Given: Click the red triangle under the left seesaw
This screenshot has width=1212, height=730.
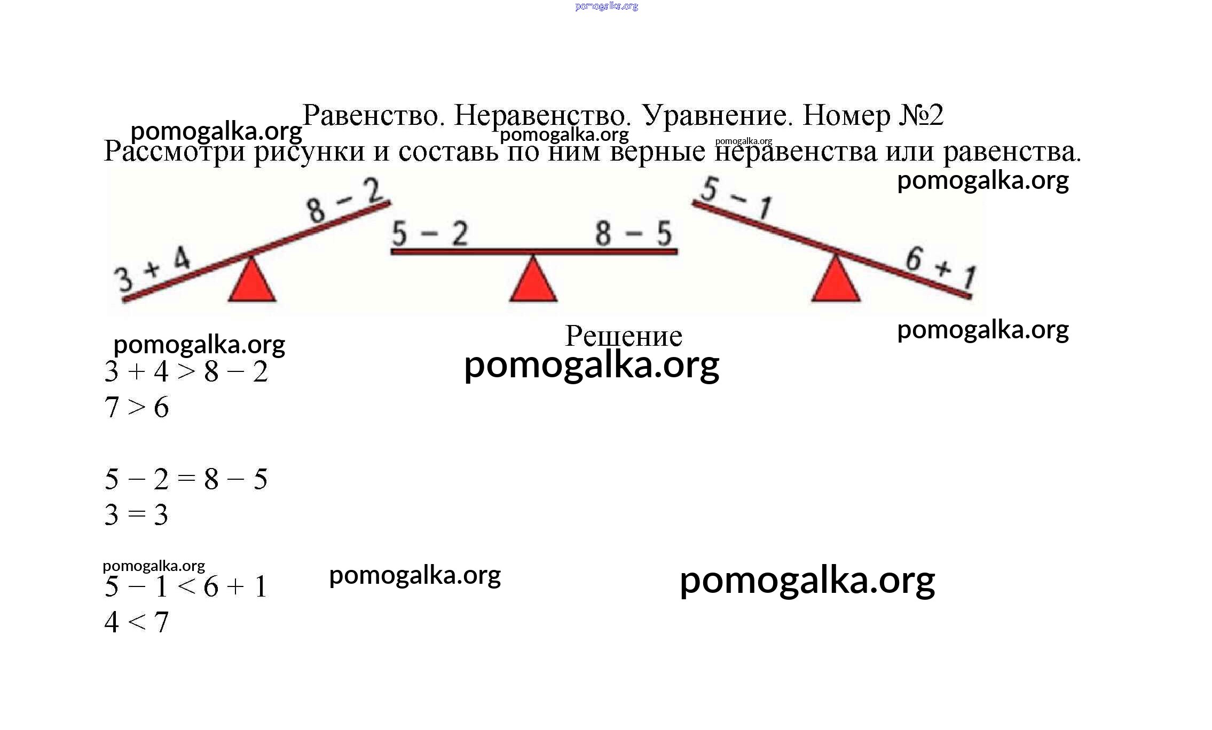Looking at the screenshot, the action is tap(252, 281).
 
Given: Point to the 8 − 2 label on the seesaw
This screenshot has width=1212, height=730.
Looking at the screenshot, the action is tap(344, 200).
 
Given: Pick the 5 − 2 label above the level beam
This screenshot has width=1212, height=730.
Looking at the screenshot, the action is tap(430, 234).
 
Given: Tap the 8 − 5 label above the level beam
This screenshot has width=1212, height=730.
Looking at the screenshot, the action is tap(634, 233).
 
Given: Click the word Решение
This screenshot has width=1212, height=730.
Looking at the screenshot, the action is tap(624, 336).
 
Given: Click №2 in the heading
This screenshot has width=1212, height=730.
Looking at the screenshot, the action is tap(921, 115).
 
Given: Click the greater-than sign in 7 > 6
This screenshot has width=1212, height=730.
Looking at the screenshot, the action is tap(137, 407).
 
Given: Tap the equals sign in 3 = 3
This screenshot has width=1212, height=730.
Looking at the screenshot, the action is tap(137, 514).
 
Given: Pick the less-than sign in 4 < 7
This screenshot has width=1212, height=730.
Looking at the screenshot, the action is tap(137, 622).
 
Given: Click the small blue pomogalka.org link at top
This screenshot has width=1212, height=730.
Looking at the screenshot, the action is tap(607, 6).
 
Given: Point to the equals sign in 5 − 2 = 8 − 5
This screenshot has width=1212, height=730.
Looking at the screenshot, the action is tap(186, 479).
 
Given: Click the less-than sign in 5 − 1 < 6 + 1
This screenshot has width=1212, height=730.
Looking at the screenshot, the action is tap(186, 586).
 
